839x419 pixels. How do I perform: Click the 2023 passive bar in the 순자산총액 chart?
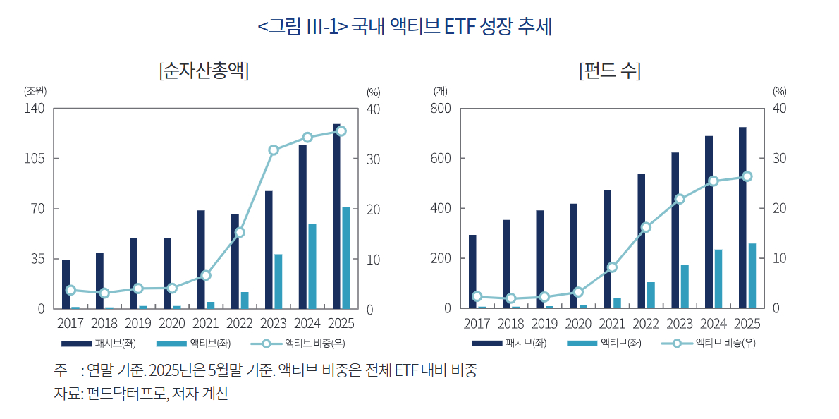(269, 250)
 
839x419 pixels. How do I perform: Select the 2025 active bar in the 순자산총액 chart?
(345, 257)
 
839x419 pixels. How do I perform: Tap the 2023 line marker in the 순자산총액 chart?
(274, 150)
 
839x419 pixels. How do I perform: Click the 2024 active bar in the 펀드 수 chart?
(718, 279)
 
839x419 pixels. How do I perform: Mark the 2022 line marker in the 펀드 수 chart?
(646, 227)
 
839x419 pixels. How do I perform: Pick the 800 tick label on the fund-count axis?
(440, 109)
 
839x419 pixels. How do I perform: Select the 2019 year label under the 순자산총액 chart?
(138, 324)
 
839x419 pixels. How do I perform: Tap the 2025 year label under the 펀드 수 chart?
(747, 324)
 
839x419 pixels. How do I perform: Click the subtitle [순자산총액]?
(204, 71)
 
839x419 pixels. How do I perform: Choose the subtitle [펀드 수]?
(609, 71)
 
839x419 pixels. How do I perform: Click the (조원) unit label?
(35, 91)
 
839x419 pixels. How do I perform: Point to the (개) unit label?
(441, 91)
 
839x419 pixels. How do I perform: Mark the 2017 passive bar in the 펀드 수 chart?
(472, 272)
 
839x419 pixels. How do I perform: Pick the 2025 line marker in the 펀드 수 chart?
(747, 176)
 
